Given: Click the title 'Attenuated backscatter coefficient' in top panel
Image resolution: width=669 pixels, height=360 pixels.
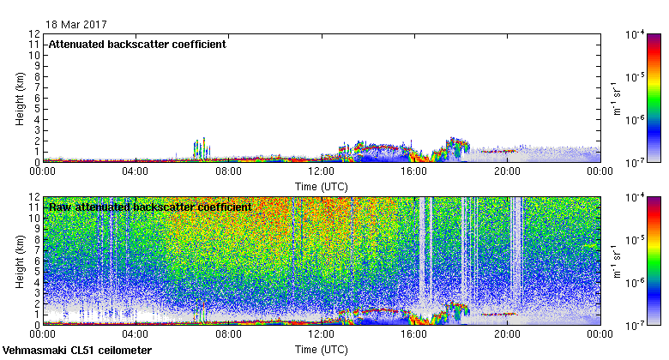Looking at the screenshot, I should (x=137, y=45).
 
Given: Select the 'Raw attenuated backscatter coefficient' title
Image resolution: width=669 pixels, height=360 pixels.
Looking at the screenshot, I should (x=150, y=207).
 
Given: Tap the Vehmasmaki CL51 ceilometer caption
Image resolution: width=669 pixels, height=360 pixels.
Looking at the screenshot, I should (x=77, y=351).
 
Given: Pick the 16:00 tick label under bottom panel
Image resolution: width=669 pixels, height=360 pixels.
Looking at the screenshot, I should (x=414, y=334).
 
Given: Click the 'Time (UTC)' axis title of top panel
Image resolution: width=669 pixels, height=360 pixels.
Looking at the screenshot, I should (x=321, y=185).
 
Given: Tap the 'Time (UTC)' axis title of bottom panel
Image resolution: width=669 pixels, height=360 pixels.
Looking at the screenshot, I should (x=321, y=350).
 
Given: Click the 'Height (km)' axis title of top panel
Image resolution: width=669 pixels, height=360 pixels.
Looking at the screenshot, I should (x=20, y=98).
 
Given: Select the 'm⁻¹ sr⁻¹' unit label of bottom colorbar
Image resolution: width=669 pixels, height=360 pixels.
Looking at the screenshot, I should (x=615, y=261).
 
